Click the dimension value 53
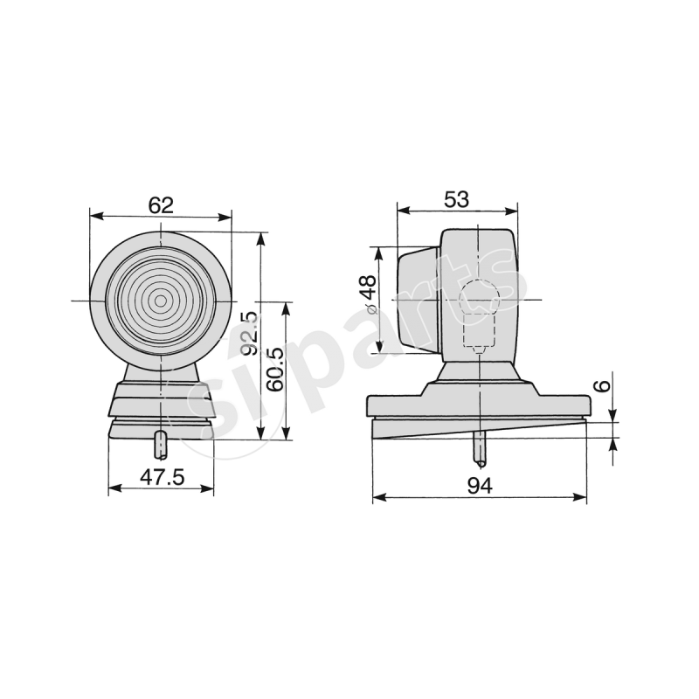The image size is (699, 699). (x=456, y=199)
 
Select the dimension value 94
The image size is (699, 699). (x=479, y=486)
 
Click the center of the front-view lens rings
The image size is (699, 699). (x=161, y=301)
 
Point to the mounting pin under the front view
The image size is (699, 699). (x=161, y=444)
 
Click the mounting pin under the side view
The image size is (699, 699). (x=480, y=447)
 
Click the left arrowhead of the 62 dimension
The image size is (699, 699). (x=95, y=216)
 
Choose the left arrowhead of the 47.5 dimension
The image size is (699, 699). (x=113, y=489)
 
